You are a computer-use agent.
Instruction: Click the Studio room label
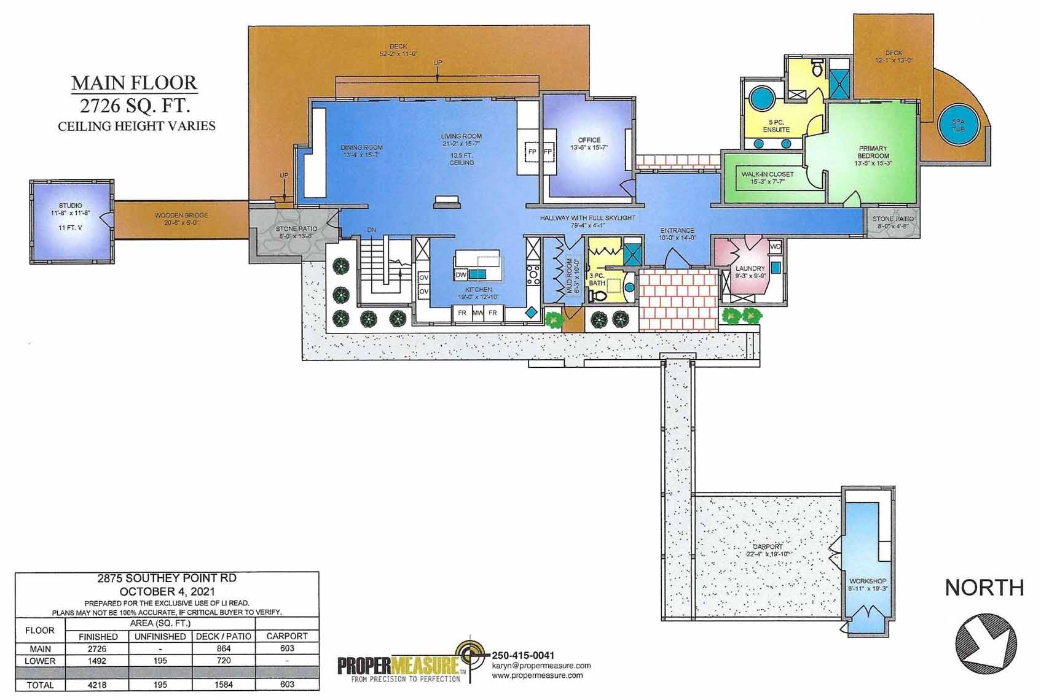[71, 206]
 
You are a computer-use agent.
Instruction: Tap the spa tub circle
[957, 126]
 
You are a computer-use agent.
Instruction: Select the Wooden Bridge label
[181, 216]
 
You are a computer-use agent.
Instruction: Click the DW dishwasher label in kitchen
[461, 274]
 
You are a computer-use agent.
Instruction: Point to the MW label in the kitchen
[477, 313]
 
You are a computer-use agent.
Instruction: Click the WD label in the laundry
[775, 247]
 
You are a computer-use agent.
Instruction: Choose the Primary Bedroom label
[873, 152]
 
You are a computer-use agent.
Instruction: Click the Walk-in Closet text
[768, 174]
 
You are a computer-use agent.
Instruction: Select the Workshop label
[868, 581]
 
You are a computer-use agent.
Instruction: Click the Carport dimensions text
[768, 554]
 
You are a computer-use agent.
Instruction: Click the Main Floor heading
[134, 83]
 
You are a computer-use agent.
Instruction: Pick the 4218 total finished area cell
[97, 684]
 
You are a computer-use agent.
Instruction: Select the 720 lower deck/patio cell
[224, 661]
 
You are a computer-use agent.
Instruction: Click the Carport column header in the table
[287, 636]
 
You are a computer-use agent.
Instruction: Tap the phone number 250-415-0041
[523, 655]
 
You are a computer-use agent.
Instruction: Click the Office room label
[589, 140]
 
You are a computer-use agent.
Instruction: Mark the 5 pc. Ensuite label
[776, 126]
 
